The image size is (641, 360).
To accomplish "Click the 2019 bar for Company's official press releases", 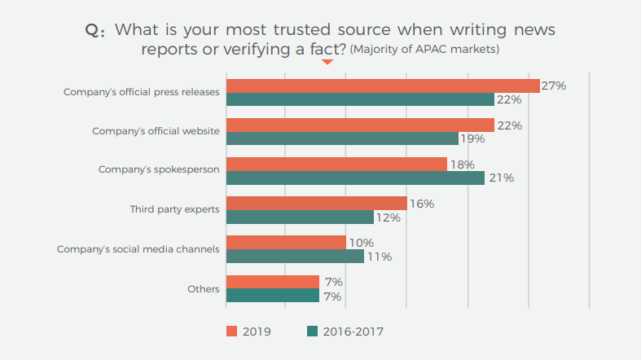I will [x=383, y=86].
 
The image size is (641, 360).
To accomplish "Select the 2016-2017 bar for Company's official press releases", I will [x=360, y=99].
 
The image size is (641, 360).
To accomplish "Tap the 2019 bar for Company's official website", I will [x=360, y=125].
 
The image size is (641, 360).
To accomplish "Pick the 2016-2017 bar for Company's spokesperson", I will [x=355, y=178].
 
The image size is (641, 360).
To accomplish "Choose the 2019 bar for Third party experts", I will [x=316, y=204].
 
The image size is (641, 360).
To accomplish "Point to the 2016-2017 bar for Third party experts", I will [x=300, y=217].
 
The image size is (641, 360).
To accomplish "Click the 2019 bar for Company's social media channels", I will [x=286, y=243].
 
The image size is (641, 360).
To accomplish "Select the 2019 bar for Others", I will [x=272, y=282].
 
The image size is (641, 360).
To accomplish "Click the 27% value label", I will [x=554, y=86].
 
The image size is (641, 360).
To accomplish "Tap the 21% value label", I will [x=500, y=178].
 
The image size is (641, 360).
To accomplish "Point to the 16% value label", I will [x=421, y=204].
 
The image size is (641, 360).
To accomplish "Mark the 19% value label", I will [x=472, y=139].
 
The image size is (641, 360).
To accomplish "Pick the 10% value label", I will [x=361, y=243].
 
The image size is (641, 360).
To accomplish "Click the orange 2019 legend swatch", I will [x=231, y=331].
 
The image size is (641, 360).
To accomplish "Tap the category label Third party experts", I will [x=174, y=209].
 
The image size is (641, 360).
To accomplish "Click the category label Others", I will [x=204, y=288].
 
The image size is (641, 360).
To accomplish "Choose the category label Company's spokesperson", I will [x=159, y=170].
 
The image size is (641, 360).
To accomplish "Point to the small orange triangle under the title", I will [x=327, y=62].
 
